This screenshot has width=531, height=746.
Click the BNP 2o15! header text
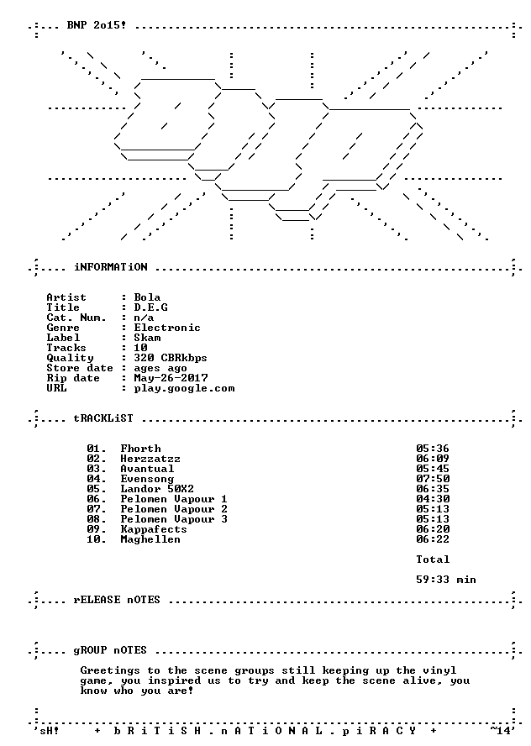tap(97, 25)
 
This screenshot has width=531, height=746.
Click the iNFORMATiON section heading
tap(111, 267)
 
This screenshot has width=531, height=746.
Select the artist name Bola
tap(148, 297)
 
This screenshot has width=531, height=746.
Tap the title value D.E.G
tap(151, 307)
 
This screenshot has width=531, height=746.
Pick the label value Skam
tap(148, 338)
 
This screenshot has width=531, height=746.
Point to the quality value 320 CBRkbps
tap(171, 358)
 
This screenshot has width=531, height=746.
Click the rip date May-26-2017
tap(171, 378)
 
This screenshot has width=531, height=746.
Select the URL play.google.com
tap(185, 388)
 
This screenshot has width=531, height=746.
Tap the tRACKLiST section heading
tap(103, 418)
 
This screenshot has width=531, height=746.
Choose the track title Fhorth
tap(141, 449)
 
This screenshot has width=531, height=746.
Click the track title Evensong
tap(148, 479)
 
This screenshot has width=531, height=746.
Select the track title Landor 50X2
tap(157, 489)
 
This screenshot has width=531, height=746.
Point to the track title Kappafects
tap(154, 529)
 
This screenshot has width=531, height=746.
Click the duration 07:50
tap(433, 479)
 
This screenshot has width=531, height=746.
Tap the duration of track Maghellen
tap(433, 539)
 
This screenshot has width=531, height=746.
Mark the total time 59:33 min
tap(446, 580)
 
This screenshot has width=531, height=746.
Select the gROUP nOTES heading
tap(110, 650)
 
